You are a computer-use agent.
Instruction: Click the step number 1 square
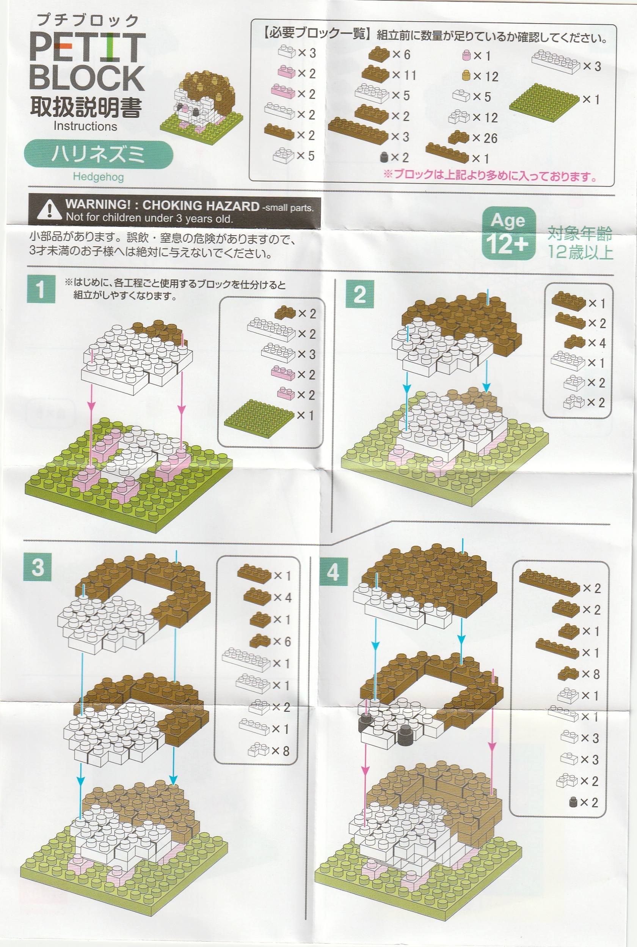pos(41,289)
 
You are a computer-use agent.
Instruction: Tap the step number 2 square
pos(359,294)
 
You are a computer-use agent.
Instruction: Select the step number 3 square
pos(38,566)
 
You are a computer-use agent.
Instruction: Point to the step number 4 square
pos(333,572)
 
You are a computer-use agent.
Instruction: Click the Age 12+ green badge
pos(508,233)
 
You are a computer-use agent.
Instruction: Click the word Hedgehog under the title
pos(98,177)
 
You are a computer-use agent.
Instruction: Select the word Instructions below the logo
pos(85,126)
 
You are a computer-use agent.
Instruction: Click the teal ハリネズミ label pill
pos(98,154)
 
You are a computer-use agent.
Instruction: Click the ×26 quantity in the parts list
pos(485,138)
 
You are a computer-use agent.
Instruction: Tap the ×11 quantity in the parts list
pos(404,75)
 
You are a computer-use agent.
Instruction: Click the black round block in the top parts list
pos(383,157)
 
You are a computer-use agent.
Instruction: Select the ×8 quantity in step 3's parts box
pos(280,751)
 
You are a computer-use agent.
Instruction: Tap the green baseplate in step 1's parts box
pos(259,418)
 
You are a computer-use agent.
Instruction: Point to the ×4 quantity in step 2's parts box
pos(597,343)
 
